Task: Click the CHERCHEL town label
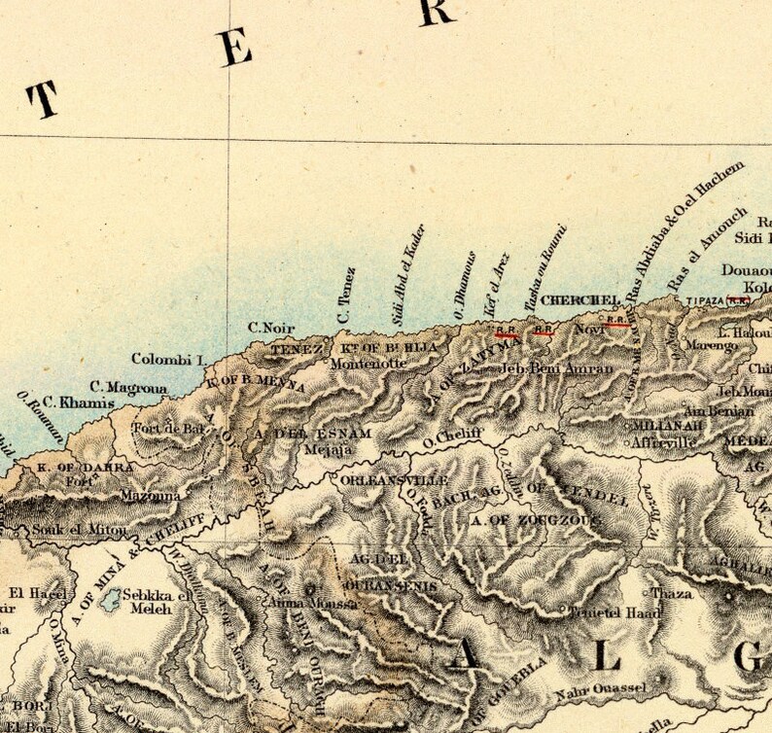point(567,299)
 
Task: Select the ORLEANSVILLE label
point(394,481)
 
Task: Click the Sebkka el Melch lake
point(111,596)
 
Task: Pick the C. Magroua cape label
point(129,388)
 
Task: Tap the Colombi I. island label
point(170,359)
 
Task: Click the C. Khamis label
point(71,402)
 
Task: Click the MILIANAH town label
point(662,426)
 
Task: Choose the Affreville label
point(664,442)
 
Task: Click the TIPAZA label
point(705,302)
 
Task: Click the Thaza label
point(672,592)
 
